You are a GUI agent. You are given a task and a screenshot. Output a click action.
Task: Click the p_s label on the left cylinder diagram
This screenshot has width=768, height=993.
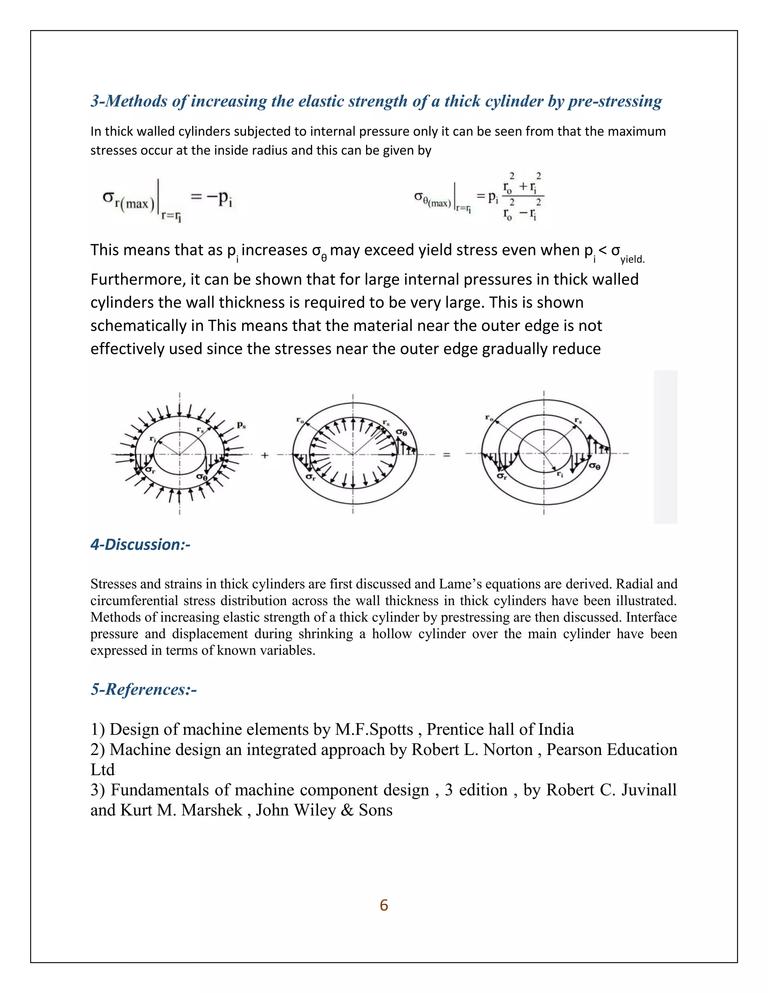click(241, 426)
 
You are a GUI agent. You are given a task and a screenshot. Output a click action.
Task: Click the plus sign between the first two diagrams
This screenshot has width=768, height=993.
click(265, 455)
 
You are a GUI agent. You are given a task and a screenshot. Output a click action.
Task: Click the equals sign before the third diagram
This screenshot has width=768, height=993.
click(447, 455)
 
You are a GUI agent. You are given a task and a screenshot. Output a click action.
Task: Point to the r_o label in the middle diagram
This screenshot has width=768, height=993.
click(300, 420)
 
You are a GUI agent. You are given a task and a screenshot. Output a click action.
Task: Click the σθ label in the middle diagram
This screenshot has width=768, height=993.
click(401, 432)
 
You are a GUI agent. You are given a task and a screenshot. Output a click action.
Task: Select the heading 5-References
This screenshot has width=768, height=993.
click(144, 689)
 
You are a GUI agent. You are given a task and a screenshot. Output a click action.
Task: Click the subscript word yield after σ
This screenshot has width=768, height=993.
click(632, 259)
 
